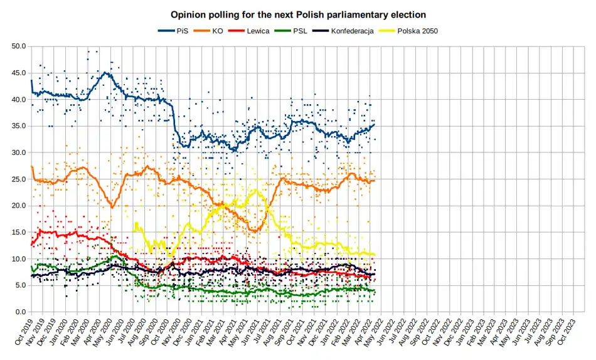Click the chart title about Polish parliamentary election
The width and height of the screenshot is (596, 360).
[x=298, y=14]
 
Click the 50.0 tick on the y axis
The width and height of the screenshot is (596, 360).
[x=19, y=46]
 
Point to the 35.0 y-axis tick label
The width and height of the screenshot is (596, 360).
[x=19, y=126]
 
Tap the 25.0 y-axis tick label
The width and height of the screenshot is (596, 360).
[x=19, y=179]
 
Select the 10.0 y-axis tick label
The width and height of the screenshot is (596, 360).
[x=19, y=259]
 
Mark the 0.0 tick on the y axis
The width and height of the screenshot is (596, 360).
[x=21, y=312]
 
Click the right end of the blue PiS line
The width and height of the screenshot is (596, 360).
[x=375, y=124]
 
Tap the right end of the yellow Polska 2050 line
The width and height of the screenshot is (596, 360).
[x=375, y=255]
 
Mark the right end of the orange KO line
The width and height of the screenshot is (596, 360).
[x=375, y=181]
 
